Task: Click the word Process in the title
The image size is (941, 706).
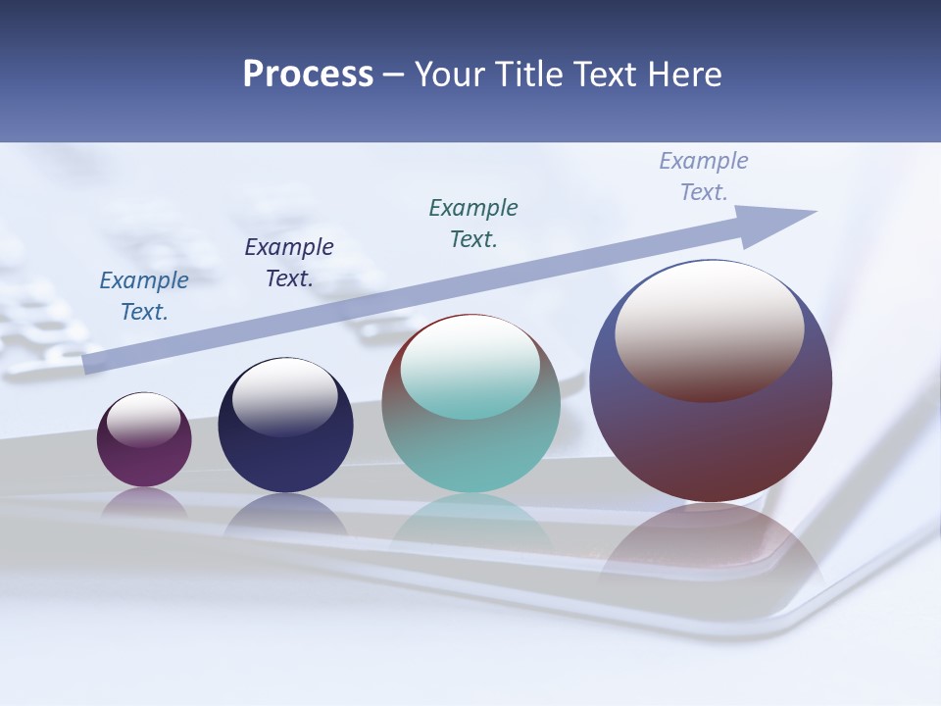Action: point(308,75)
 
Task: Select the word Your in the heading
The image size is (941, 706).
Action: point(447,75)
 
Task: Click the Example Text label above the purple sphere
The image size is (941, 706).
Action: point(144,296)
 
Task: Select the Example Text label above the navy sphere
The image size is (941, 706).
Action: point(289,263)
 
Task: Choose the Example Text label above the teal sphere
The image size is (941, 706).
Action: point(473,223)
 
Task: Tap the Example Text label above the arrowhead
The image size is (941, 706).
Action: point(704,176)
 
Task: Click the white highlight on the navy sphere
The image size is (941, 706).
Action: point(285,397)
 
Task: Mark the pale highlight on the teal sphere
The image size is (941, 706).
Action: point(470,368)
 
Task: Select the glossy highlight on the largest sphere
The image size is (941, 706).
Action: point(710,330)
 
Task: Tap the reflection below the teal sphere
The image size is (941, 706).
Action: point(470,520)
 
